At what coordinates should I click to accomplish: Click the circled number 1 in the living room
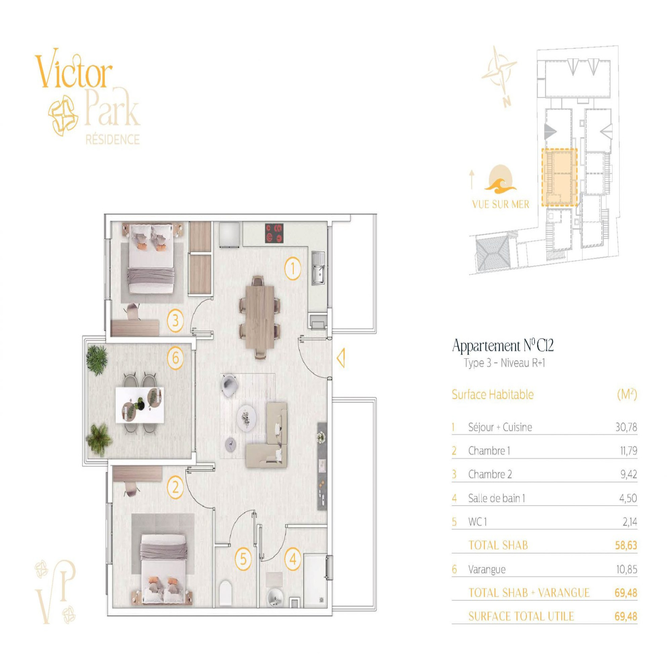click(x=293, y=268)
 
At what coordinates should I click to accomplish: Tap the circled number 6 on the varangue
click(x=176, y=358)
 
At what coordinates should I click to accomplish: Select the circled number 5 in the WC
click(x=243, y=559)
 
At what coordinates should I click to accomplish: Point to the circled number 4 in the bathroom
click(x=293, y=559)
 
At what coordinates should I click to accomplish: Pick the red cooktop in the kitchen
click(x=274, y=234)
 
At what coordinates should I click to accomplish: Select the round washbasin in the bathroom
click(x=275, y=596)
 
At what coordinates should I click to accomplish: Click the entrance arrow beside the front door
click(x=341, y=358)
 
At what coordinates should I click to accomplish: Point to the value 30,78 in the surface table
click(x=626, y=427)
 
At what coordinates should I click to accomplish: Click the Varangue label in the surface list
click(x=487, y=570)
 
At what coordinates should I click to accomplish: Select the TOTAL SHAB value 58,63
click(x=626, y=545)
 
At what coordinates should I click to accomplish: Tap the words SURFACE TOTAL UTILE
click(x=521, y=616)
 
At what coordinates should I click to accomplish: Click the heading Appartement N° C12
click(x=503, y=345)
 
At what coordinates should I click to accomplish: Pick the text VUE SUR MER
click(x=501, y=205)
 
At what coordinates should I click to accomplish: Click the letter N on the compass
click(x=507, y=101)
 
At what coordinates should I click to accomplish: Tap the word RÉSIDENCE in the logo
click(x=113, y=139)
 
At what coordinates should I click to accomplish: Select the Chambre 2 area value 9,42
click(x=629, y=474)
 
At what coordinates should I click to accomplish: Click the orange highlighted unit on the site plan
click(x=559, y=177)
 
